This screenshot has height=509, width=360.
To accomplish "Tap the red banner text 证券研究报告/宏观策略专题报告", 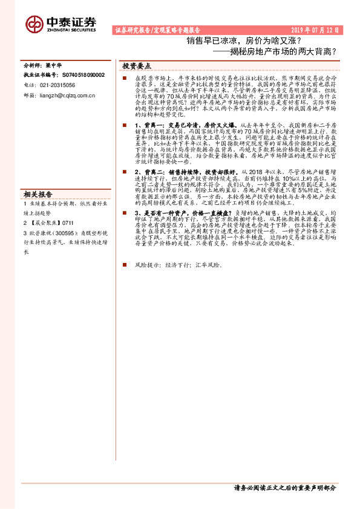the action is point(157,30).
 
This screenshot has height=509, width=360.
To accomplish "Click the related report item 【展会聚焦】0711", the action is point(51,222).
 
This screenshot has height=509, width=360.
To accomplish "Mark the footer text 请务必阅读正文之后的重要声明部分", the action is point(284,488).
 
